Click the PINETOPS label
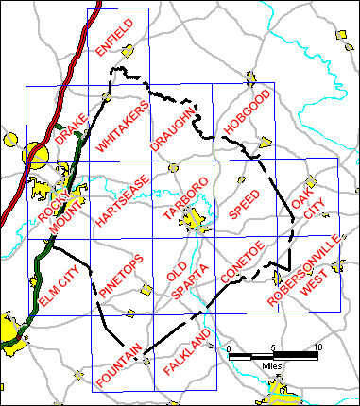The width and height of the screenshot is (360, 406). pos(121,278)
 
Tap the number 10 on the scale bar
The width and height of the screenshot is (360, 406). pos(317,348)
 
